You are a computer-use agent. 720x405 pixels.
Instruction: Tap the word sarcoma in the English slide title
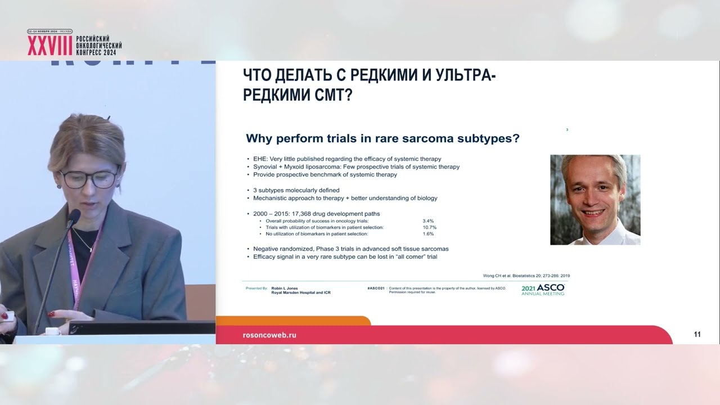coord(412,138)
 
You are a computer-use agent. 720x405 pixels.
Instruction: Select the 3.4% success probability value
coord(428,221)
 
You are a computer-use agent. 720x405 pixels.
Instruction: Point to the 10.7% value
coord(429,227)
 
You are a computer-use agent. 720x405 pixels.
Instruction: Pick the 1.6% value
coord(428,233)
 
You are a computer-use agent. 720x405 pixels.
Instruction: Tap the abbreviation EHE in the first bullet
coord(259,159)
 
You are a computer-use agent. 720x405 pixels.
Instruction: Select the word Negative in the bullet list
coord(267,249)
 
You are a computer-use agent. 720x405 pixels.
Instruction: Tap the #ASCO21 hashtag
coord(375,287)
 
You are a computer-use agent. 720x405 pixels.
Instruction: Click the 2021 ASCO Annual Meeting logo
coord(543,290)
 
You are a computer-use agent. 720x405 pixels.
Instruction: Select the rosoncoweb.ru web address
coord(269,335)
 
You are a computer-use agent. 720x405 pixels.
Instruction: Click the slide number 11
coord(697,335)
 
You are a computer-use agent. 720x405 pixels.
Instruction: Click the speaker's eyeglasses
coord(90,179)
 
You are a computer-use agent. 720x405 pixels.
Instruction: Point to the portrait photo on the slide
coord(595,200)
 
